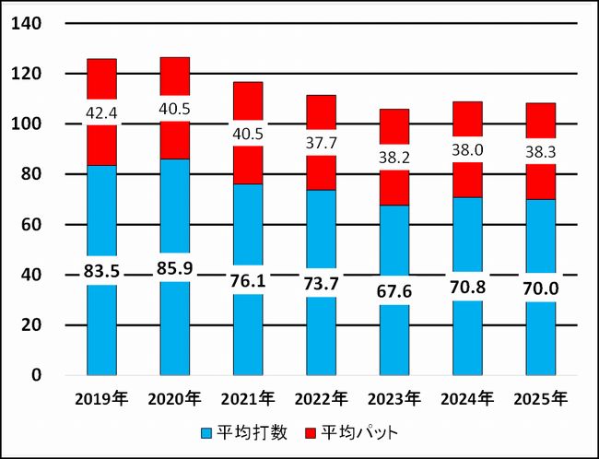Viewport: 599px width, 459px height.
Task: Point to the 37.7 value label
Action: (321, 142)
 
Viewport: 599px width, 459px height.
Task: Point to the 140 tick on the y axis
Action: (28, 23)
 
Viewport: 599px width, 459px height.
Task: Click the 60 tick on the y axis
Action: (32, 225)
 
